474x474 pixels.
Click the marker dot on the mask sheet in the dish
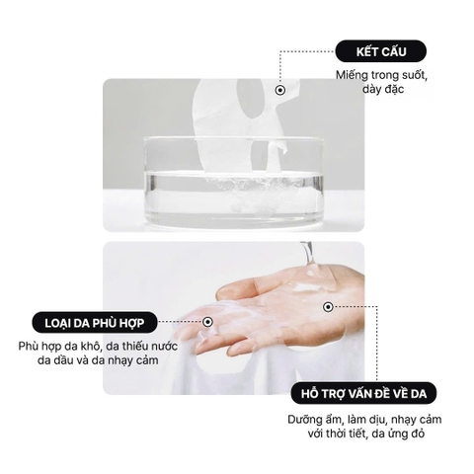tap(279, 91)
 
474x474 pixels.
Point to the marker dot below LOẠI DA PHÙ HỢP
tap(208, 321)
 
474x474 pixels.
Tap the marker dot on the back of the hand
tap(328, 308)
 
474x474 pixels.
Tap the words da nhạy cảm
tap(115, 361)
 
